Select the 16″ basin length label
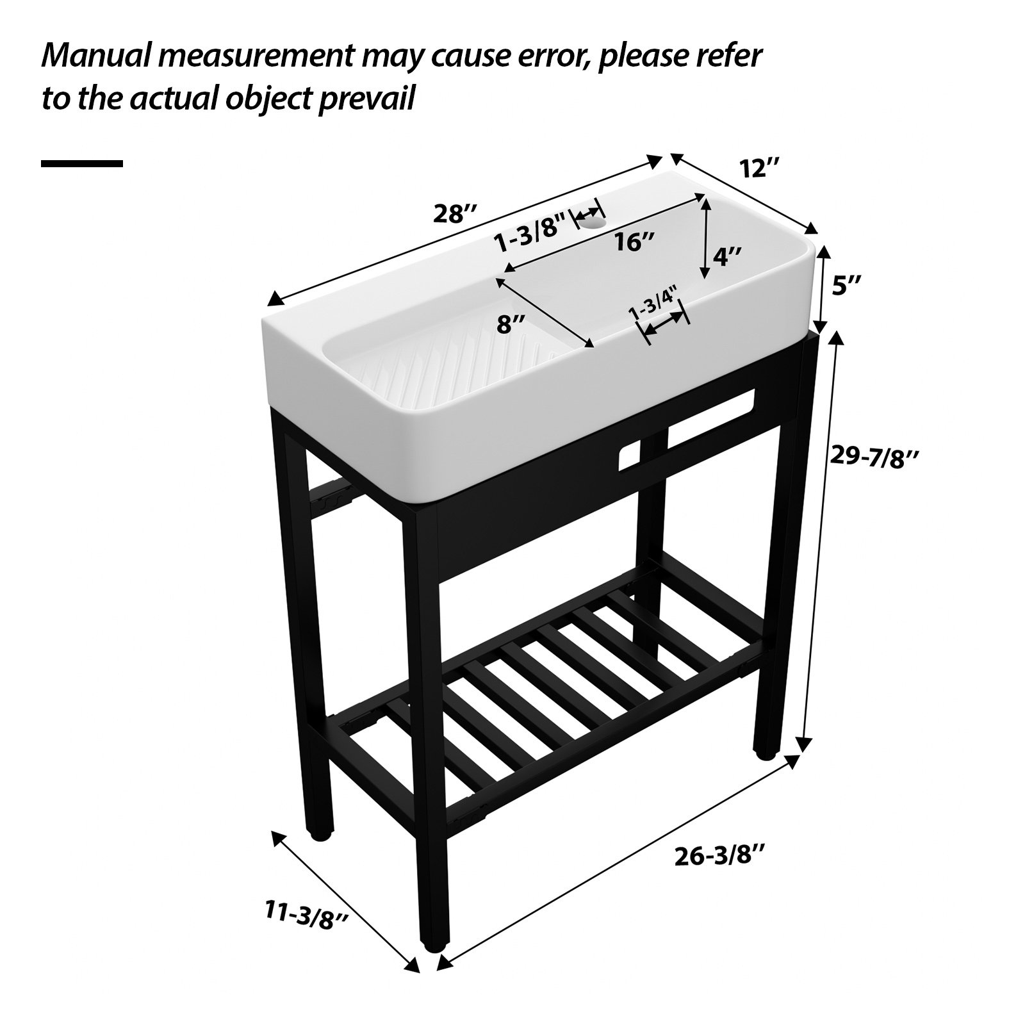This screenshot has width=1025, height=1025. click(x=634, y=242)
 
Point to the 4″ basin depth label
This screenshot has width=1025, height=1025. click(x=726, y=257)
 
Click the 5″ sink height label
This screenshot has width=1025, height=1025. click(x=846, y=285)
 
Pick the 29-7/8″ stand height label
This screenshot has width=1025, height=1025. click(x=874, y=456)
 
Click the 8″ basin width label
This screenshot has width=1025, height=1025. click(x=511, y=325)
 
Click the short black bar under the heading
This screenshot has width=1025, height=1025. click(x=82, y=164)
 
